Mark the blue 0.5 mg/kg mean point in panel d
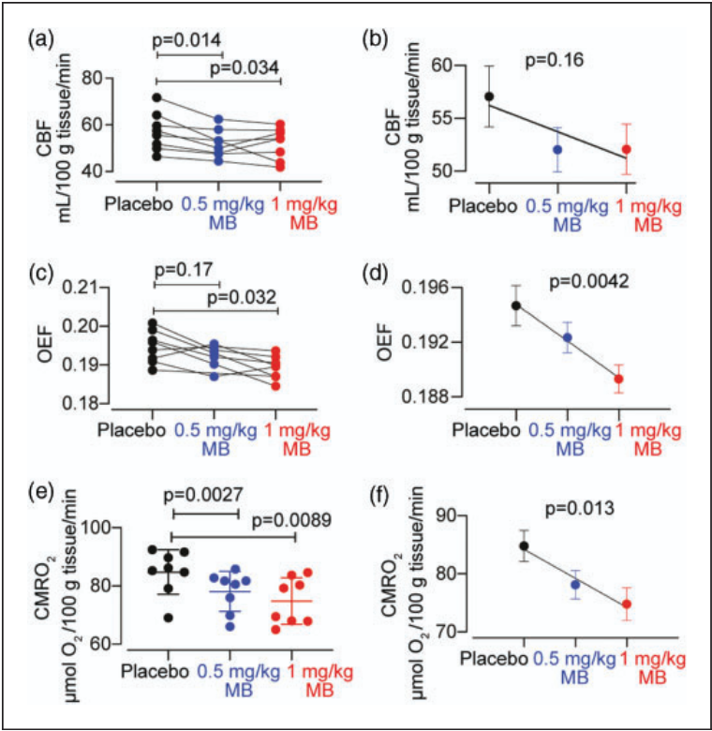[567, 337]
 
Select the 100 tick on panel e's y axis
[121, 528]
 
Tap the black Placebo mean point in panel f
[523, 546]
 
